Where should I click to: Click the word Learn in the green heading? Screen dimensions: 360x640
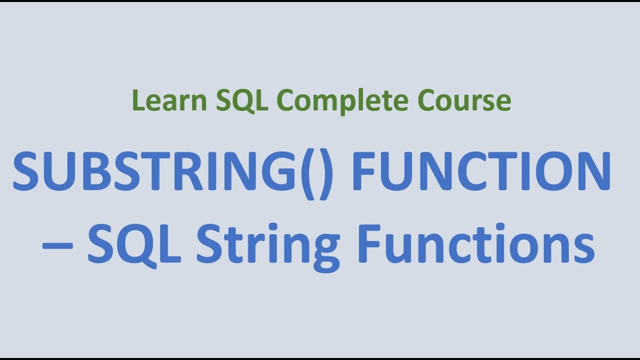tap(169, 100)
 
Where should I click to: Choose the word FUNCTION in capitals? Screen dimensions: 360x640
tap(481, 171)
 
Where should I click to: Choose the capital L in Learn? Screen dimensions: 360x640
tap(137, 100)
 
